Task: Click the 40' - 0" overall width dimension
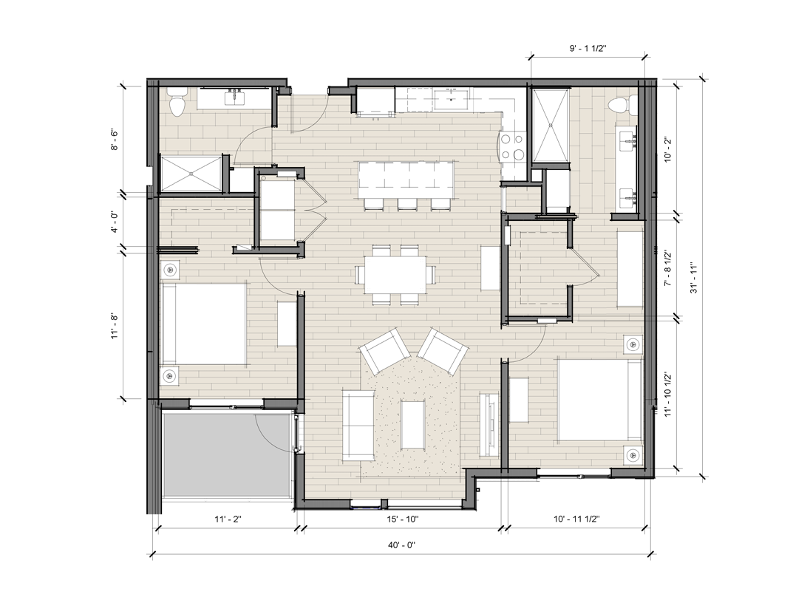(x=401, y=545)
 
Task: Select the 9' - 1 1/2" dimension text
(x=588, y=49)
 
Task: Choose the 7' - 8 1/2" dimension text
(x=668, y=268)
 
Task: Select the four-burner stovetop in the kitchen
(x=513, y=146)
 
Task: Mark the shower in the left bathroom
(x=191, y=174)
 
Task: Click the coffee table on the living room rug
(x=412, y=425)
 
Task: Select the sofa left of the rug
(x=358, y=425)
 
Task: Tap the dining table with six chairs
(x=395, y=275)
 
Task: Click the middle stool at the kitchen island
(x=407, y=204)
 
